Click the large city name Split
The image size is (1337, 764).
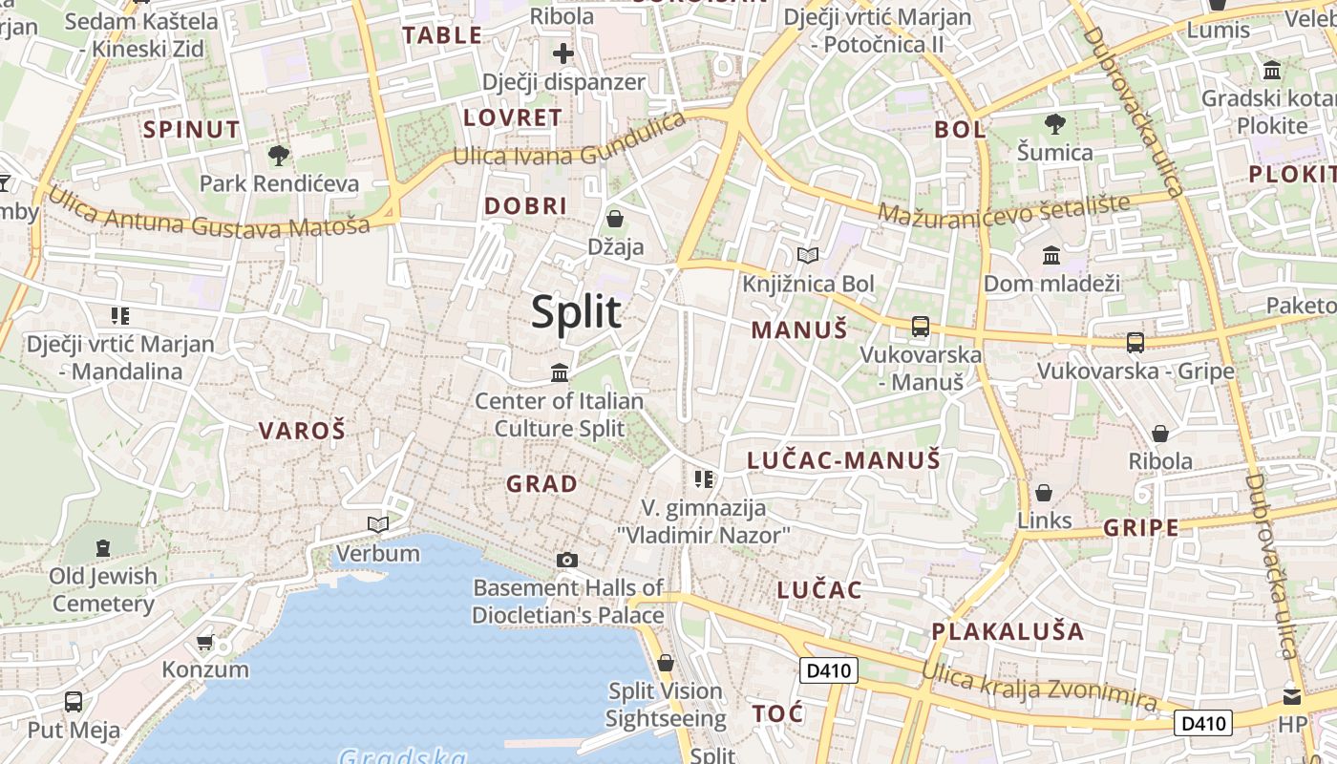(x=576, y=312)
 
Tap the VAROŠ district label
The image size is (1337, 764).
(x=302, y=431)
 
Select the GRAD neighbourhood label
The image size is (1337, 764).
(x=541, y=484)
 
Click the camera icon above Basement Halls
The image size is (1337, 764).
(x=567, y=560)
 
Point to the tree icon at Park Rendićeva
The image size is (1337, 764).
(x=279, y=155)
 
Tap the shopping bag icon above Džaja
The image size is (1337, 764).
(x=615, y=219)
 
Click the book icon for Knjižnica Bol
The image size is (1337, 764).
(x=808, y=255)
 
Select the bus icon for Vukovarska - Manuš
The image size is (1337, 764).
(x=921, y=327)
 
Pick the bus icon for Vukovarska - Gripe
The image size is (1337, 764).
(x=1135, y=342)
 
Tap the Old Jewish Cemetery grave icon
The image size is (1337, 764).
(x=103, y=548)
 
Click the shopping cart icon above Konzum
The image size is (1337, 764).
(x=204, y=642)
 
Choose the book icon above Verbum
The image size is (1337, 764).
(x=378, y=524)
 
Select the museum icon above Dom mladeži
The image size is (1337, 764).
(x=1051, y=255)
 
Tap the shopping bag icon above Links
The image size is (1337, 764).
(x=1044, y=493)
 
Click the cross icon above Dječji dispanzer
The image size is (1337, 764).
(x=563, y=53)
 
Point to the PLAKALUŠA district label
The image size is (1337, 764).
(x=1008, y=631)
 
